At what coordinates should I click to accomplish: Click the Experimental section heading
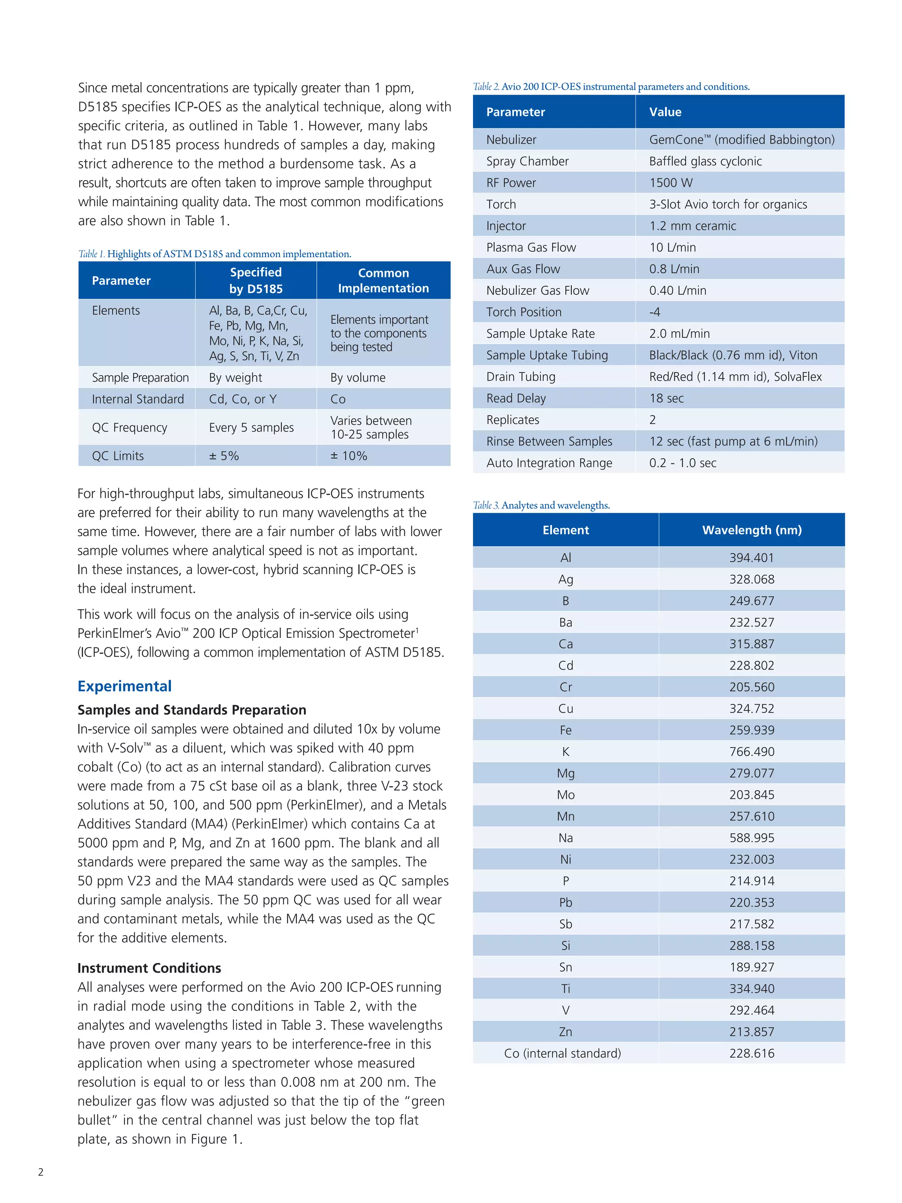click(x=125, y=686)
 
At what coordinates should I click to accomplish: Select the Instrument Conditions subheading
click(x=149, y=968)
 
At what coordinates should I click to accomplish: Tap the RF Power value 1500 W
click(x=671, y=183)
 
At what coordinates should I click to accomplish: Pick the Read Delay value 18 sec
click(x=666, y=398)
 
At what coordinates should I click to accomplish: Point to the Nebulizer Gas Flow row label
click(x=538, y=290)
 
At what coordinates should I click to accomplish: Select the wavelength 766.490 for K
click(x=751, y=751)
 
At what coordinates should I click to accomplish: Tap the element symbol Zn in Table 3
click(x=566, y=1032)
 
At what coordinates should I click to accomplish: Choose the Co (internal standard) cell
click(x=562, y=1053)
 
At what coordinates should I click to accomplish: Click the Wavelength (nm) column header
click(x=751, y=530)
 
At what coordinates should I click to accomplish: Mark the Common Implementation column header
click(x=383, y=281)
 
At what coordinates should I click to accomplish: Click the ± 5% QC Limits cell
click(x=224, y=456)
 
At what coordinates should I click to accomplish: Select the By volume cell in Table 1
click(x=358, y=378)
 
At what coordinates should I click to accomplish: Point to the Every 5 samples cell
click(x=251, y=427)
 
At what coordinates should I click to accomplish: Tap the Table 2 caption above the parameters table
click(x=611, y=86)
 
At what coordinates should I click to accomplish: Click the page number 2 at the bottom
click(x=41, y=1172)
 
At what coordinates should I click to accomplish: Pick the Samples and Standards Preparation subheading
click(x=192, y=710)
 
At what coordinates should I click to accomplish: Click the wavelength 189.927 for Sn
click(x=751, y=967)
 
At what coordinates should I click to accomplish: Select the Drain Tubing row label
click(x=521, y=377)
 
